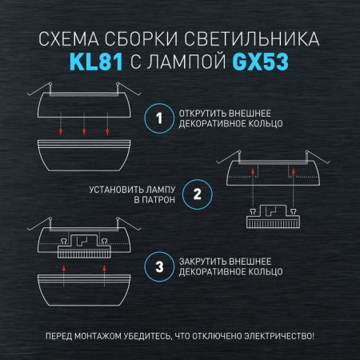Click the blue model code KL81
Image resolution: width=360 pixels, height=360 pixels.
click(96, 62)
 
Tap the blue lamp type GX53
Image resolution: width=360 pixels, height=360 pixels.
click(260, 62)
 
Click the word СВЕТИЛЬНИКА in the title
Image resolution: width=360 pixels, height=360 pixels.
click(252, 39)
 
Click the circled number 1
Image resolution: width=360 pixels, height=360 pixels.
click(159, 118)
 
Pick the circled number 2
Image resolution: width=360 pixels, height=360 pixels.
click(198, 194)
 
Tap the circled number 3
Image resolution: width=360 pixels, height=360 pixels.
click(159, 266)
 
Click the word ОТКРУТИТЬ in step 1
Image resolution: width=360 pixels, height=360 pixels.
click(202, 114)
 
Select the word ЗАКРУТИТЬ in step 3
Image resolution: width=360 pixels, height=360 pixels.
click(202, 262)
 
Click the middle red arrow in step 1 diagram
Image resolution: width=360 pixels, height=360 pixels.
click(84, 124)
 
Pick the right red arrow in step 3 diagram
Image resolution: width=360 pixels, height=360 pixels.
click(104, 275)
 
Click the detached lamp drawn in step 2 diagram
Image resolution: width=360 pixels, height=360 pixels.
click(273, 216)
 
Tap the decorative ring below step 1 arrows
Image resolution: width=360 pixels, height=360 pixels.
click(84, 155)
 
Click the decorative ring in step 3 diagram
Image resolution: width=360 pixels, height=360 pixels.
click(84, 290)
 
